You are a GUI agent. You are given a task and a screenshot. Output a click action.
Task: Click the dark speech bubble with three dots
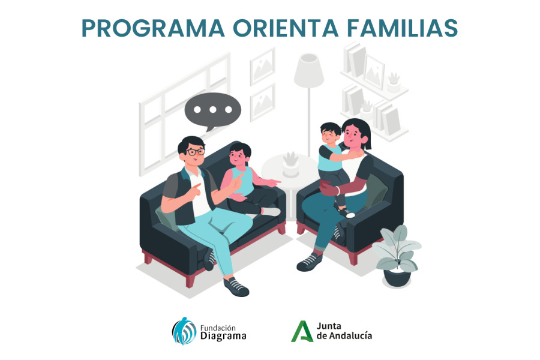pos(212,110)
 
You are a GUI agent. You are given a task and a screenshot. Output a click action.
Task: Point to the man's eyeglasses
pos(194,152)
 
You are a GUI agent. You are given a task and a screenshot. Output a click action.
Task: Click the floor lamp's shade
pos(309,71)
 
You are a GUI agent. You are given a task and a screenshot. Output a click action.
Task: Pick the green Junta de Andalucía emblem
pos(302,331)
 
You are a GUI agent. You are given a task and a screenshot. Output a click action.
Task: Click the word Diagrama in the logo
pos(223,336)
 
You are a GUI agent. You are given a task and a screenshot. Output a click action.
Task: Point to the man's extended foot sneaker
pos(236,287)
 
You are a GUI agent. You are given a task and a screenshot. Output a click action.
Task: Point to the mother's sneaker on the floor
pos(309,262)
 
